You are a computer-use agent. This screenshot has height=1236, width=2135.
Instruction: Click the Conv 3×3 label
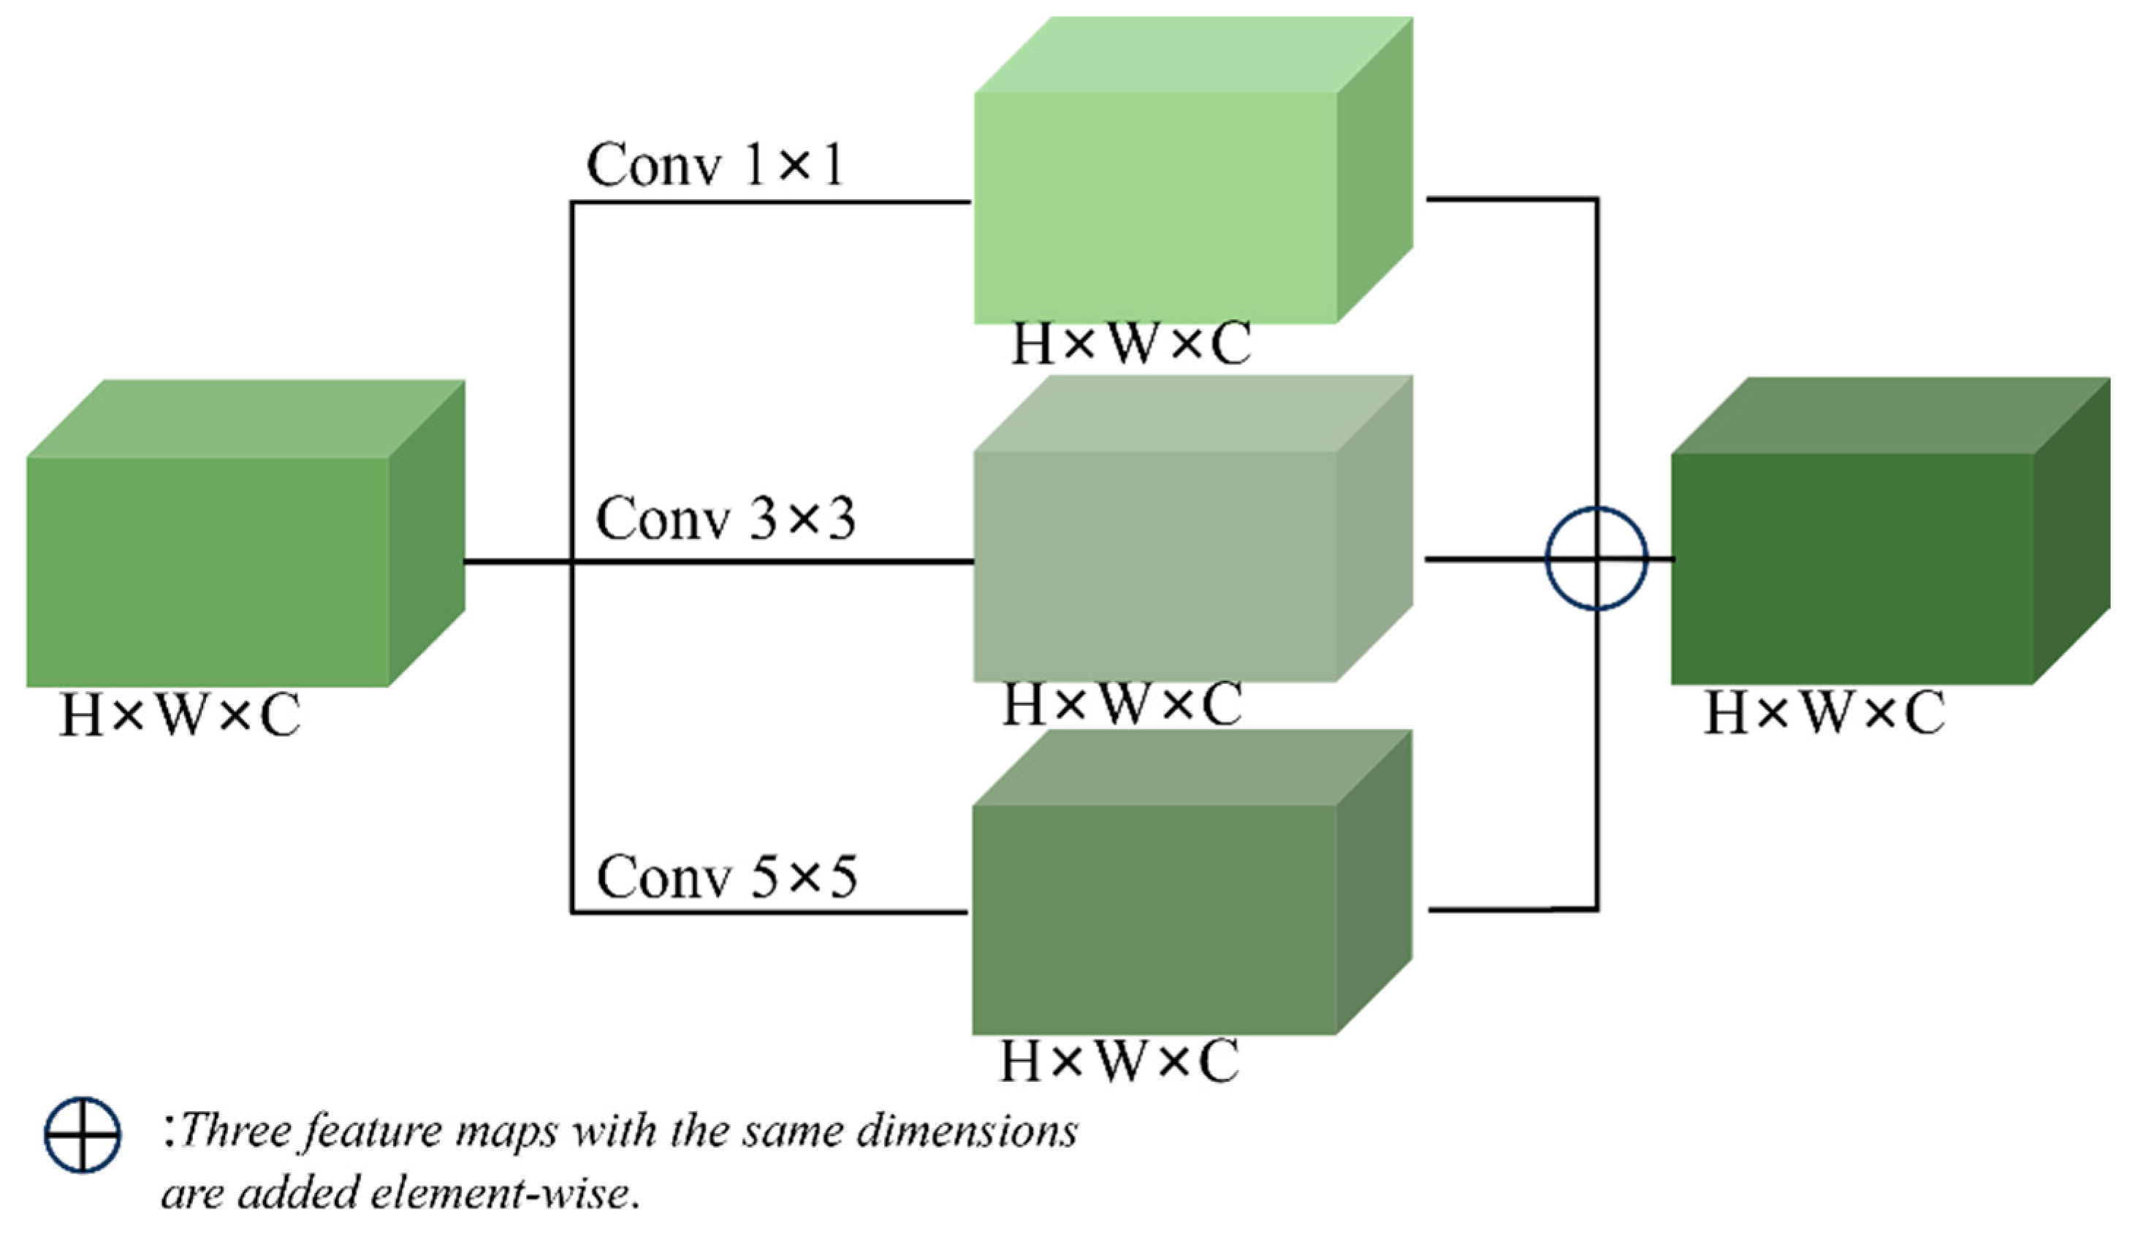(726, 519)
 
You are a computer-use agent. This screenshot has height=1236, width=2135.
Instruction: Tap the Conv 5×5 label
(726, 877)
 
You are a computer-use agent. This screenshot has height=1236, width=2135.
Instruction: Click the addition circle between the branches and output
(1597, 558)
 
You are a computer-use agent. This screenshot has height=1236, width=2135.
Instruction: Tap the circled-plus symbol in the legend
(82, 1135)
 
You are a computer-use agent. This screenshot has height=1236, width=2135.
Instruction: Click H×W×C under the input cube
(180, 717)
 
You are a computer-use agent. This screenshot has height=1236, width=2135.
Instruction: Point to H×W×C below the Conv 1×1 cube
(1131, 346)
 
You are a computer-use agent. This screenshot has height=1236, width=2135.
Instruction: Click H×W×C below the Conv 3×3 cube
(1122, 706)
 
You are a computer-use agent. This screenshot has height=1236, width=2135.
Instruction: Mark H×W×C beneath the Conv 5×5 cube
(1119, 1061)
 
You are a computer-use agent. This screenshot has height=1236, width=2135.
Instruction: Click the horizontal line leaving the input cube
(517, 561)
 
